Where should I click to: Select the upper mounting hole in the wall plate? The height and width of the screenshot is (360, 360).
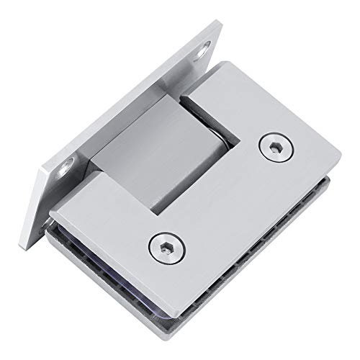click(207, 49)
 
